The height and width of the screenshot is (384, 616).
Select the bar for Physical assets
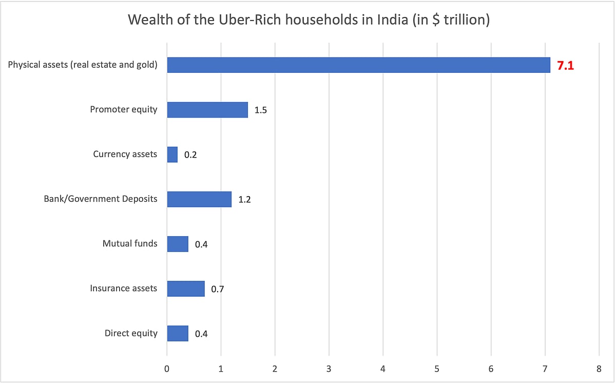[358, 65]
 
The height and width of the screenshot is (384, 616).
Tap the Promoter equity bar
[207, 110]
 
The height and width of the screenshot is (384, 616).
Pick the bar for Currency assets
[172, 155]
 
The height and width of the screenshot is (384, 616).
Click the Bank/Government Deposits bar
[199, 199]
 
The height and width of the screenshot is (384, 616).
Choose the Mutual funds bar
[178, 244]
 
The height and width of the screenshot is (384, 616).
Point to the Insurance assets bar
[186, 289]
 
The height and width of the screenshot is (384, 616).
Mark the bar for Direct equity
[178, 333]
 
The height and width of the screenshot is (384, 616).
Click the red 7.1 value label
[565, 66]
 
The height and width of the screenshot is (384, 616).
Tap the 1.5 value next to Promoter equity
[261, 110]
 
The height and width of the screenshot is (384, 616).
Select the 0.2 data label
[190, 155]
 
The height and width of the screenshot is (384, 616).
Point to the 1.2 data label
[244, 200]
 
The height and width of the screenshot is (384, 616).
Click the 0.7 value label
[217, 289]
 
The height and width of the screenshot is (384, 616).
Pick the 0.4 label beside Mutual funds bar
[201, 244]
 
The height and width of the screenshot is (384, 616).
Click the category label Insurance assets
[123, 289]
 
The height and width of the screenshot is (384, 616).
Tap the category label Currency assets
[125, 154]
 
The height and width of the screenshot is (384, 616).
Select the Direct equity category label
[131, 333]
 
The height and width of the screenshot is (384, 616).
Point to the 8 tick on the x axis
[599, 368]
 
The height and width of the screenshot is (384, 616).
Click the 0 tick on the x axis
[167, 368]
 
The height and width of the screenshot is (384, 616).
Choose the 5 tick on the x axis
[437, 368]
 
